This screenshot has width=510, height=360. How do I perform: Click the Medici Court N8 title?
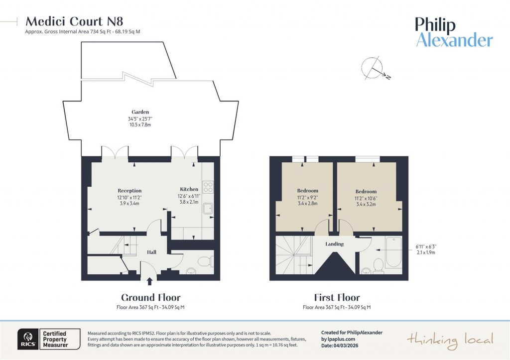(x=74, y=21)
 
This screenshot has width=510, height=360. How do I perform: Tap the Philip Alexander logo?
(x=454, y=32)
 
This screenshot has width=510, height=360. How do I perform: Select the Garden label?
(x=140, y=112)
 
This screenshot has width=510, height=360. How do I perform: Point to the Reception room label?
(x=129, y=191)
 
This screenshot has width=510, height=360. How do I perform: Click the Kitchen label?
(x=189, y=189)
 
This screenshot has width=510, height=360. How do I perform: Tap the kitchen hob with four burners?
(x=208, y=187)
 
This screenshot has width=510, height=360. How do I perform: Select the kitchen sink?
(x=208, y=210)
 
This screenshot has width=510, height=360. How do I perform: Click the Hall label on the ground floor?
(x=151, y=252)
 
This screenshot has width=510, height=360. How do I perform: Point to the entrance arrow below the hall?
(x=150, y=281)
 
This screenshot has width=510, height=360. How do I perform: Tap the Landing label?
(x=334, y=244)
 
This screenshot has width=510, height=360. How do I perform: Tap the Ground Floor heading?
(x=150, y=298)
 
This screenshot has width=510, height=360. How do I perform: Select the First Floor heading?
(x=336, y=298)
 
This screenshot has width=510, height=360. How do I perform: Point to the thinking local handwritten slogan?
(x=450, y=340)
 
